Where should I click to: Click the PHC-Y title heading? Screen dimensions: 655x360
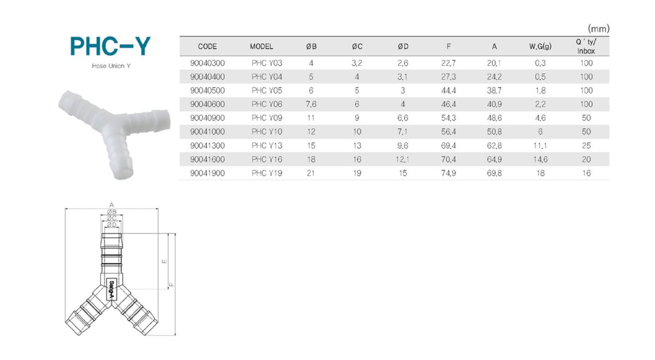coord(110,46)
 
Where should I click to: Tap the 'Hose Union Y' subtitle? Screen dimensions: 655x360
coord(111,66)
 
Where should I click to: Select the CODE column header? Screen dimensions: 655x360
coord(207,46)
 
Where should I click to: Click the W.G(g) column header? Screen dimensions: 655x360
coord(540,46)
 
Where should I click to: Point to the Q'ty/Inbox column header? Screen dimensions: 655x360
coord(586,46)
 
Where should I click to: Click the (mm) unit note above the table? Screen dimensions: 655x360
coord(599,28)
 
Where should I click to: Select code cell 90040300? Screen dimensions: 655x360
coord(207,63)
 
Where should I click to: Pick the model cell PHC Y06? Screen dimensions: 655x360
coord(267,104)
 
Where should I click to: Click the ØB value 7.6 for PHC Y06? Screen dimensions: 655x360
coord(311,104)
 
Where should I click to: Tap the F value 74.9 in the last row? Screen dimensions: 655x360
coord(448,173)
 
